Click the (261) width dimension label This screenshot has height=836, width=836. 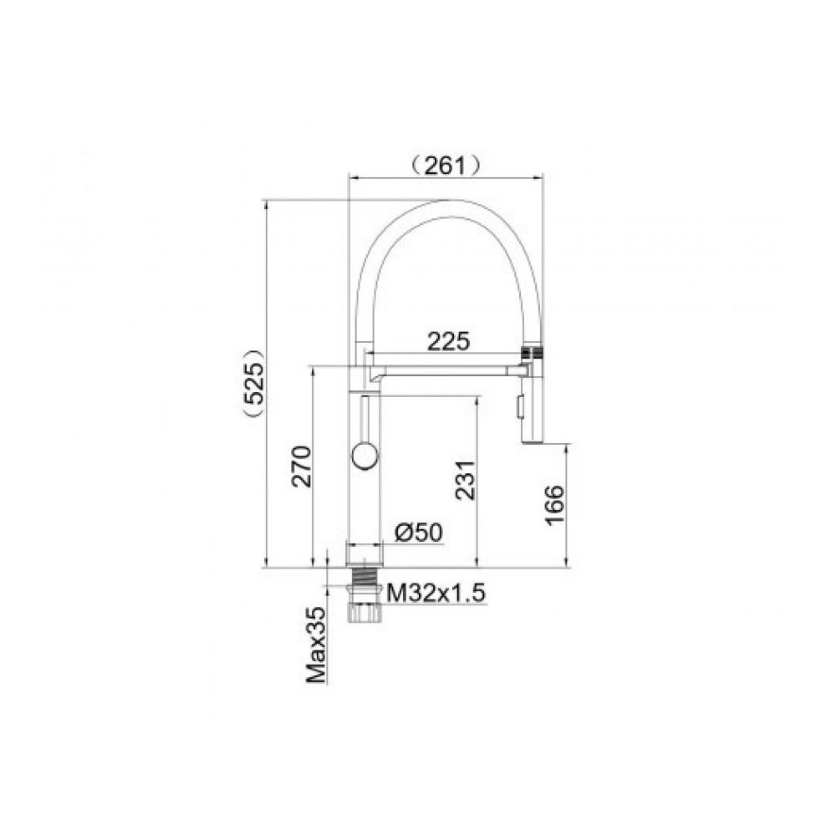pyautogui.click(x=446, y=166)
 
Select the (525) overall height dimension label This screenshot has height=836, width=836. pyautogui.click(x=252, y=383)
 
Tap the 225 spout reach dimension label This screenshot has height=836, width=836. pyautogui.click(x=448, y=341)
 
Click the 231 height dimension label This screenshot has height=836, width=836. pyautogui.click(x=465, y=480)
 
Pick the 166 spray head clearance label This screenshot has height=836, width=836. pyautogui.click(x=554, y=506)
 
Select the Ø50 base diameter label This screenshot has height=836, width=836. pyautogui.click(x=419, y=532)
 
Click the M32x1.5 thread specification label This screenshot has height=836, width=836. pyautogui.click(x=436, y=593)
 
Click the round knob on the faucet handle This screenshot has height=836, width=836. pyautogui.click(x=364, y=456)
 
